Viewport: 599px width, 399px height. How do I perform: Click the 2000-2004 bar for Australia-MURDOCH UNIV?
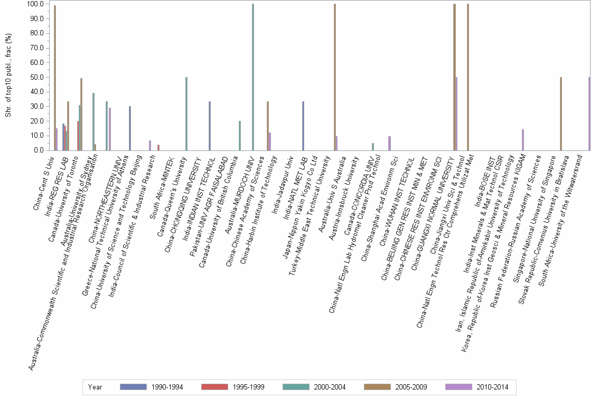click(253, 77)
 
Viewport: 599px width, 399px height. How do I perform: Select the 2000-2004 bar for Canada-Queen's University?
click(186, 113)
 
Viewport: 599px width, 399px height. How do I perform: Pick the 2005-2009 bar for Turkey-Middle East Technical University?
click(335, 77)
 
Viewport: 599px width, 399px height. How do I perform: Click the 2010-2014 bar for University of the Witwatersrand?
click(589, 113)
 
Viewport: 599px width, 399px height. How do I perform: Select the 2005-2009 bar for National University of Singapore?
click(561, 113)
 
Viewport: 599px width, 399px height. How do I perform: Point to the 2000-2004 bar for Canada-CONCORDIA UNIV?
click(373, 147)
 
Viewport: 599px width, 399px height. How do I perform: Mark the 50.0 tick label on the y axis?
click(37, 77)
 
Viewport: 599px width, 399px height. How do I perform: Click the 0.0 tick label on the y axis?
click(39, 150)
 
